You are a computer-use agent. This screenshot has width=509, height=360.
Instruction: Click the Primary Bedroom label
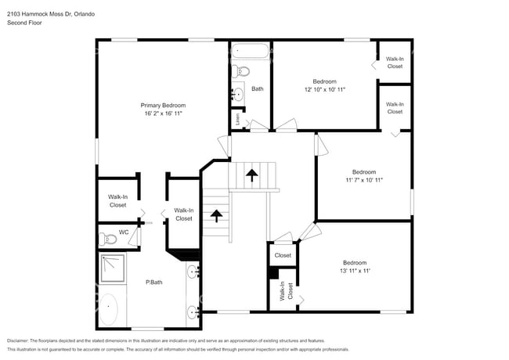click(x=163, y=105)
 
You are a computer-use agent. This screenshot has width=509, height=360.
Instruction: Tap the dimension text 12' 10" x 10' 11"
click(x=324, y=90)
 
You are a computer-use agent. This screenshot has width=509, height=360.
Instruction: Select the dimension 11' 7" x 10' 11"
click(x=363, y=180)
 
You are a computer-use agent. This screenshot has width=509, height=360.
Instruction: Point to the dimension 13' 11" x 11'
click(x=354, y=271)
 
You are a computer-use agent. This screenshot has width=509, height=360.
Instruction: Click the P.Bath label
click(x=154, y=282)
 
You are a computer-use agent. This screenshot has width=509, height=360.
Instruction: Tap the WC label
click(x=124, y=232)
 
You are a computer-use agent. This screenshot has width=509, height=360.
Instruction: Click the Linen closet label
click(x=237, y=120)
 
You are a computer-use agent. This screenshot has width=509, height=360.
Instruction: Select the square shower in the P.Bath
click(x=112, y=268)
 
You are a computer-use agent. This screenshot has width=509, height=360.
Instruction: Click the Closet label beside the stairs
click(x=283, y=255)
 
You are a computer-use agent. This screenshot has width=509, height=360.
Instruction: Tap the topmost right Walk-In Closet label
click(x=395, y=63)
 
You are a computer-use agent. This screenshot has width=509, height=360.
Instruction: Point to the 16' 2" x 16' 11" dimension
click(x=163, y=113)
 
